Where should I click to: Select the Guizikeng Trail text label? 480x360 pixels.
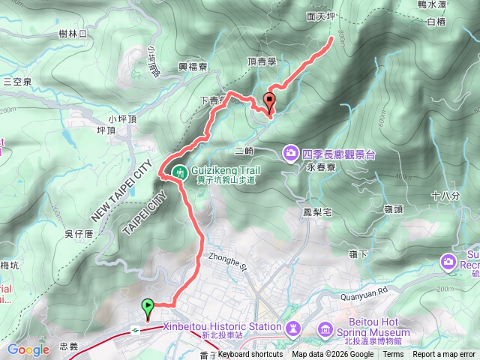223,170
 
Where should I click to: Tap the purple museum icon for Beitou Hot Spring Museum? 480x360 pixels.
325,329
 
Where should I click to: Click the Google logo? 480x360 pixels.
28,349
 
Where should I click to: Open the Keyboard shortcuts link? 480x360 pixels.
250,355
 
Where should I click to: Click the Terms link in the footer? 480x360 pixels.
393,355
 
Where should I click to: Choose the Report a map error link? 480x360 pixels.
445,355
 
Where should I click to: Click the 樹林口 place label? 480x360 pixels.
73,34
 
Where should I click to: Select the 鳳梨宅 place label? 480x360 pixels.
319,212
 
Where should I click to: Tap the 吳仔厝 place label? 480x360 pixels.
78,234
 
